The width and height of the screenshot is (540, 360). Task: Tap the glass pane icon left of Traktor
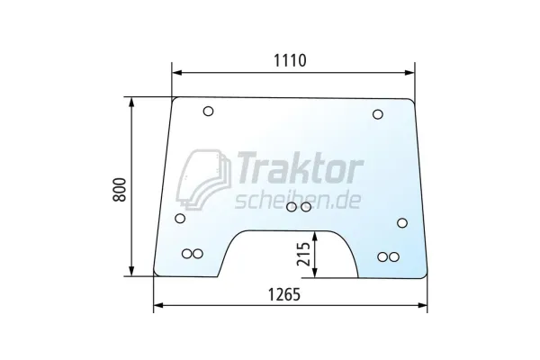pyautogui.click(x=203, y=178)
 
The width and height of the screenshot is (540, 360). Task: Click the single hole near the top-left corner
pyautogui.click(x=208, y=112)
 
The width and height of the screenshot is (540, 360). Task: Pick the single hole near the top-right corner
pyautogui.click(x=377, y=113)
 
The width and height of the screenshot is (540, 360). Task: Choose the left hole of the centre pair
pyautogui.click(x=292, y=208)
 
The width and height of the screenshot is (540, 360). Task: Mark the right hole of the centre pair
pyautogui.click(x=306, y=208)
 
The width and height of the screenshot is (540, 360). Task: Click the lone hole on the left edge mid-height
pyautogui.click(x=180, y=218)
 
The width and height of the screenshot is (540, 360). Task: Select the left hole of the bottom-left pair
pyautogui.click(x=187, y=255)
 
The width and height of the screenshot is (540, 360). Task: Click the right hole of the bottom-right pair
pyautogui.click(x=393, y=257)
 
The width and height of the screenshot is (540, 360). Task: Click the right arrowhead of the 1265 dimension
pyautogui.click(x=425, y=306)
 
